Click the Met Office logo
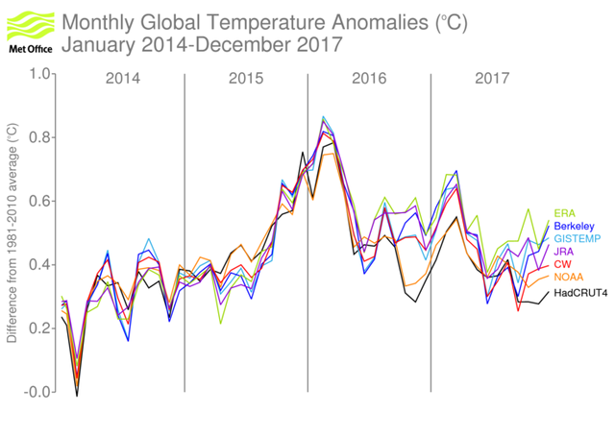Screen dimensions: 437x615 tap(28, 28)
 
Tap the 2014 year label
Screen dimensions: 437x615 tap(122, 78)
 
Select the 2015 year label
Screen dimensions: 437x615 tap(246, 78)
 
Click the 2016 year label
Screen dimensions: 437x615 tap(369, 78)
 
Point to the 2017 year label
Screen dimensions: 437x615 tap(492, 78)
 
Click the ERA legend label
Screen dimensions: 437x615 tap(564, 213)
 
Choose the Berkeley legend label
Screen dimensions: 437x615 tap(574, 229)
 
